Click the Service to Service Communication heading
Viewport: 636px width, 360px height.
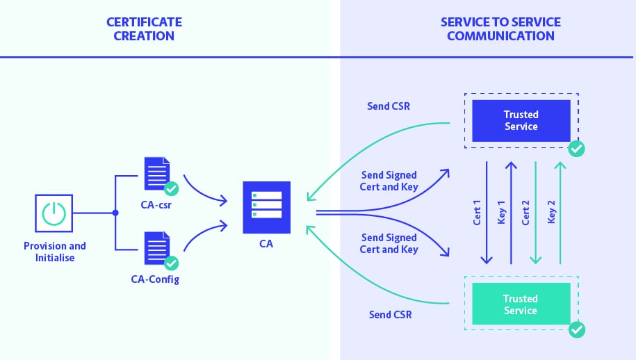(x=500, y=28)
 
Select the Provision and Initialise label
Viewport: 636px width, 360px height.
(x=55, y=252)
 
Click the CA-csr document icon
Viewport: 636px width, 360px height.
(x=156, y=174)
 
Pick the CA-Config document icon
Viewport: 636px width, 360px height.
(x=156, y=248)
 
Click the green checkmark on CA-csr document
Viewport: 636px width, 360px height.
(x=170, y=188)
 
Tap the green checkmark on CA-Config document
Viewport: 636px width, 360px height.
(x=170, y=263)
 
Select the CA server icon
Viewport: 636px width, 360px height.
(x=266, y=206)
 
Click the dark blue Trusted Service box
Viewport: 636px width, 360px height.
(x=521, y=120)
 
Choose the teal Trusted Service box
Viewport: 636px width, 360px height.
(x=521, y=304)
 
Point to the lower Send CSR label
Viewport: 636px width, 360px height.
(x=390, y=314)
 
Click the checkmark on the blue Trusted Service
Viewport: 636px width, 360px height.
(x=576, y=149)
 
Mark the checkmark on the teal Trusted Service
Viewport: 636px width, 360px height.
(x=576, y=329)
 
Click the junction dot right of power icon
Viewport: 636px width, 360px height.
(x=115, y=213)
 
